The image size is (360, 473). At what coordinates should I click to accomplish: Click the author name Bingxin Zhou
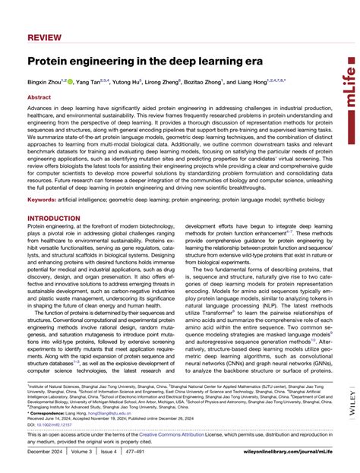pyautogui.click(x=47, y=80)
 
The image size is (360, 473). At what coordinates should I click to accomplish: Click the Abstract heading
pyautogui.click(x=39, y=98)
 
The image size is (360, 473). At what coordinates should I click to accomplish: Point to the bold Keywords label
pyautogui.click(x=43, y=199)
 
